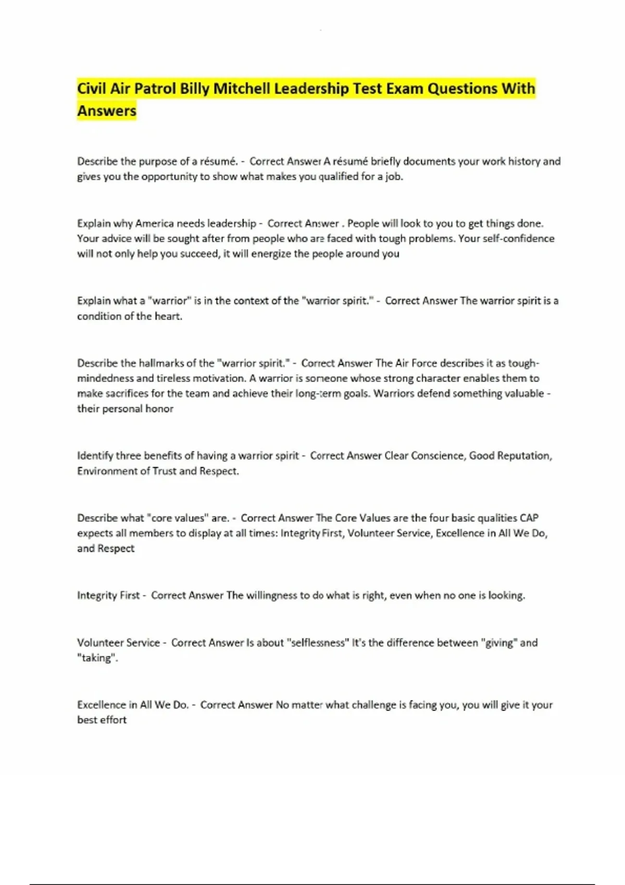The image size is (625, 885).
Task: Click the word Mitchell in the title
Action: [x=242, y=88]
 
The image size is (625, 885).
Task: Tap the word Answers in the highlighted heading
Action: [x=107, y=111]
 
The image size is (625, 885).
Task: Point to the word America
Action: [x=155, y=223]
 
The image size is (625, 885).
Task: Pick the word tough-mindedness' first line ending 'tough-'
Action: [x=523, y=363]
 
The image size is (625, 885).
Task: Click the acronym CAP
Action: [x=529, y=518]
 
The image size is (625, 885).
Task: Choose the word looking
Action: [x=506, y=595]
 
